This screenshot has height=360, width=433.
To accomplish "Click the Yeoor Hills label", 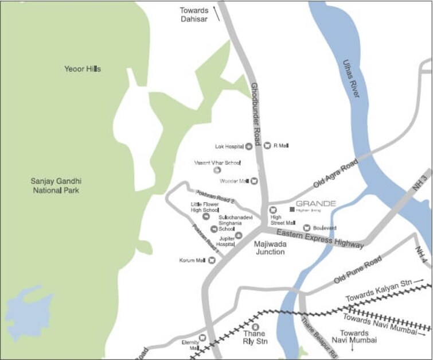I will pos(83,69).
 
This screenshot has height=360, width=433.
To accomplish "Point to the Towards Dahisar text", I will pos(194,14).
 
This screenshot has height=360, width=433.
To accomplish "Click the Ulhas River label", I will pos(350,78).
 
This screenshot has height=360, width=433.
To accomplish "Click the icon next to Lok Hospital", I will pos(249,146).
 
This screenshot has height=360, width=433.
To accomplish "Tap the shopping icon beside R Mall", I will pos(267,146).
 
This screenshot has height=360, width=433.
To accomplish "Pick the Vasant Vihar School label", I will pos(216,163).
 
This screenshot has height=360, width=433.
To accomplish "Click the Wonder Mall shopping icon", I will pos(254,181).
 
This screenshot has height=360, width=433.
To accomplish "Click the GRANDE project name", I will pos(315,203).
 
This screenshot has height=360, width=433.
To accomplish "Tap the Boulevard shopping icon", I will pos(307,228).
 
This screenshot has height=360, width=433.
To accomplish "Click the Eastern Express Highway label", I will pos(319,238).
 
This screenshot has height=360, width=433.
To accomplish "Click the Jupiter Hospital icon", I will pos(239,235).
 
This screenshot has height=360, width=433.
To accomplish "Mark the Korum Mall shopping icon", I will pos(212,261).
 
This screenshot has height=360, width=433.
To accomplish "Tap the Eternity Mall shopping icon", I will pos(202,338).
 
